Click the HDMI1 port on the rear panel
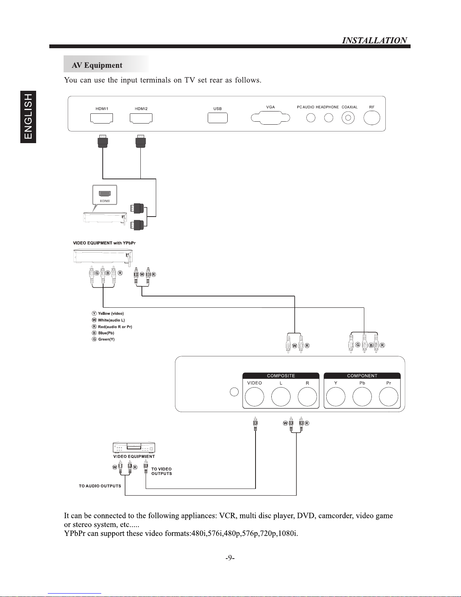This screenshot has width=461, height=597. point(102,118)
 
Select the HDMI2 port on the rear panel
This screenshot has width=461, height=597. point(141,118)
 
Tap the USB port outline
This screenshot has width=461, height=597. point(218,118)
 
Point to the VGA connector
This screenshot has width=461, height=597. point(270,118)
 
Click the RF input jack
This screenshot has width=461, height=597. point(372,118)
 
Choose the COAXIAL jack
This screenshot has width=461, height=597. point(348,118)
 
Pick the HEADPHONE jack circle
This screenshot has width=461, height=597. point(329,118)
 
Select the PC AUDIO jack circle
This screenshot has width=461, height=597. point(310,118)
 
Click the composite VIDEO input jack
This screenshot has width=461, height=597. point(254,397)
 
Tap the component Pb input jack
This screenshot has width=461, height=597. point(362,397)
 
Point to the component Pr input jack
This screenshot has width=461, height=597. point(388,397)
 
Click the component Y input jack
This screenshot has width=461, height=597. point(336,397)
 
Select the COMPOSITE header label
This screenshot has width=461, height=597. point(281,376)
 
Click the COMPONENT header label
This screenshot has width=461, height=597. point(362,376)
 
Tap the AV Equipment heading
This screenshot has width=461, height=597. point(97,66)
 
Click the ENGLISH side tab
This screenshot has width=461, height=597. point(28,117)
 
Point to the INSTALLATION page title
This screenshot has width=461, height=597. point(374,40)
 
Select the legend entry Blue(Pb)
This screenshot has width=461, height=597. point(103,333)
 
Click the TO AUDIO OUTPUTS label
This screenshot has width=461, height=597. point(100,486)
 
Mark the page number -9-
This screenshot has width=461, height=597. point(230,558)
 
